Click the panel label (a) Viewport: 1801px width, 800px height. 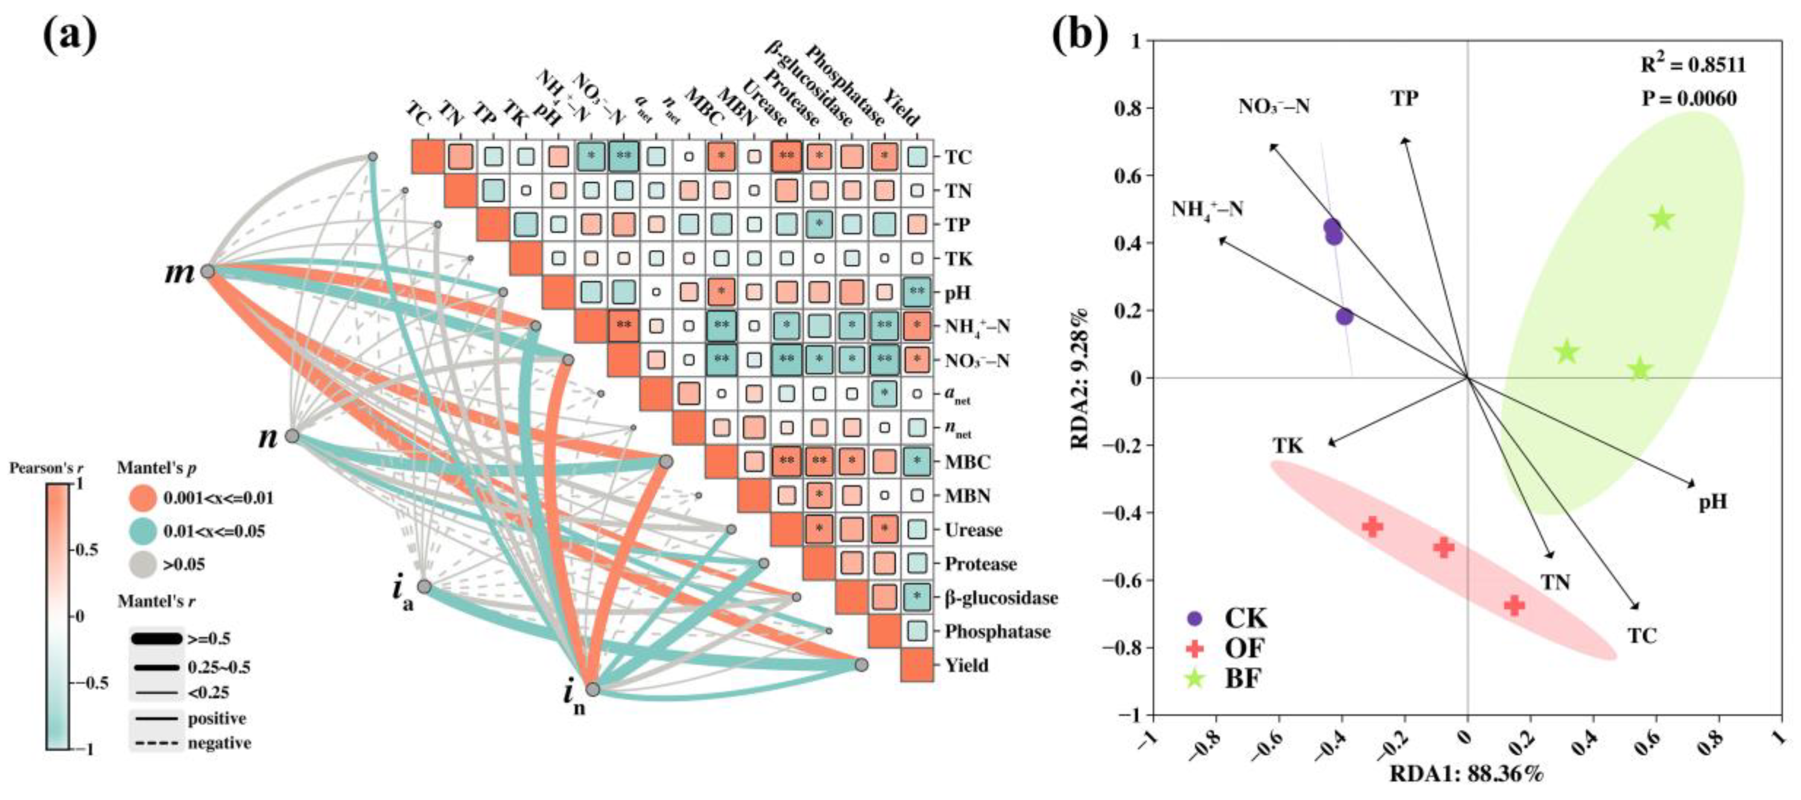pos(70,35)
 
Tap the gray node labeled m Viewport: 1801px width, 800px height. pos(207,271)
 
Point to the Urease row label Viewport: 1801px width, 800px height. pos(973,530)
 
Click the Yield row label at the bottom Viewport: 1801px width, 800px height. pos(966,665)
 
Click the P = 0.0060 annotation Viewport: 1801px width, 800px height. pos(1688,99)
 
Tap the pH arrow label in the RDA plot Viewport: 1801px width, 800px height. pos(1713,502)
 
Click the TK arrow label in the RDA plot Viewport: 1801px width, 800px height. pos(1287,446)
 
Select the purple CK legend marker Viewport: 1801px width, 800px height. pos(1195,619)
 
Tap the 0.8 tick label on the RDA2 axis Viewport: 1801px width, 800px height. pos(1126,108)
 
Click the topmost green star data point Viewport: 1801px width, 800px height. pos(1662,219)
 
